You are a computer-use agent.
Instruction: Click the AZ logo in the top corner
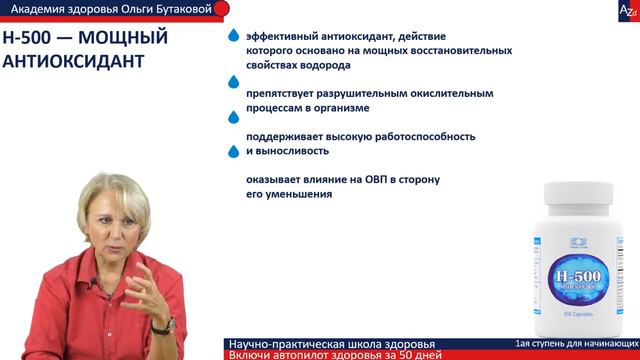[626, 9]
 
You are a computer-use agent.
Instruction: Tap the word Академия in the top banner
[53, 9]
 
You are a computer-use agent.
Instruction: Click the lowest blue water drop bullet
[234, 151]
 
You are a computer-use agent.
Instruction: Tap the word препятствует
[285, 93]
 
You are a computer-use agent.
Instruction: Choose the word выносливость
[294, 151]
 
